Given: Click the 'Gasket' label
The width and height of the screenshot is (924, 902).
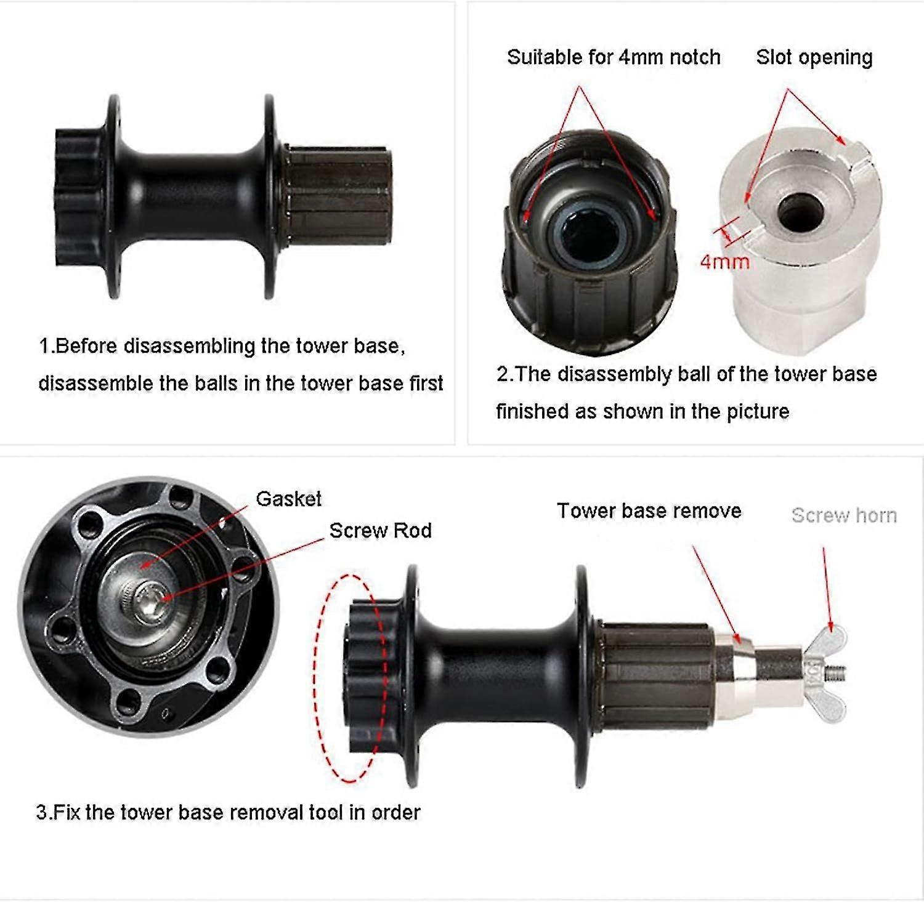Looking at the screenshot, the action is [288, 499].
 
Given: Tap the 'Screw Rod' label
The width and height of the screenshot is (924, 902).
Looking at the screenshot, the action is [380, 531].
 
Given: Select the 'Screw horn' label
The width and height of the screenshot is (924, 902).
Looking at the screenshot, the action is [844, 515].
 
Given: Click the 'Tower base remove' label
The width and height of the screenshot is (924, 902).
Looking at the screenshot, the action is [649, 511].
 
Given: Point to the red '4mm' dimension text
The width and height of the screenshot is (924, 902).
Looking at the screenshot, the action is [725, 262].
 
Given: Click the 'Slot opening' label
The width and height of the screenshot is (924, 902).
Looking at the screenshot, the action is [814, 57].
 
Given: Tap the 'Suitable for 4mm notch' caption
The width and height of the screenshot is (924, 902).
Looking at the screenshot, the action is [614, 57].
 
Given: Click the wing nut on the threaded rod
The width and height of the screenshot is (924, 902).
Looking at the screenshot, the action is [829, 674].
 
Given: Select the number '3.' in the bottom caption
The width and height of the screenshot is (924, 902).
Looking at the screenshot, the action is [44, 813].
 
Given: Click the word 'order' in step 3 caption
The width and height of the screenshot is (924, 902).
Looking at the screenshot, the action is [395, 813].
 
